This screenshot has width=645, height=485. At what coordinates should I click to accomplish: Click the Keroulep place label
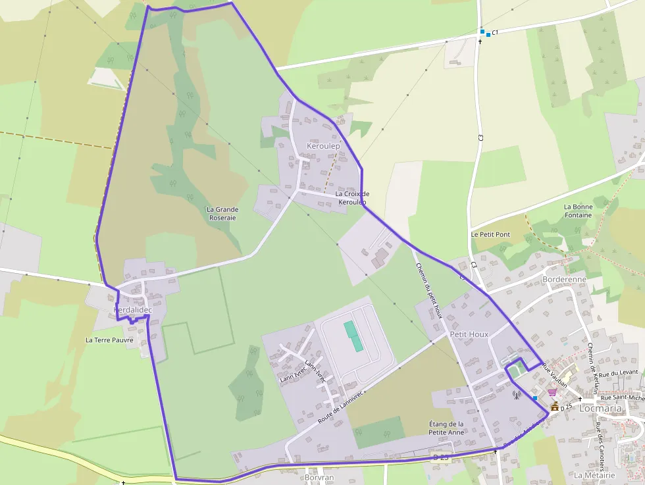point(323,145)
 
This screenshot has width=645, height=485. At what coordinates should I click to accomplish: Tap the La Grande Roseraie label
point(222,213)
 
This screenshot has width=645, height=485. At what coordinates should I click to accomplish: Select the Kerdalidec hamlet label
point(133,309)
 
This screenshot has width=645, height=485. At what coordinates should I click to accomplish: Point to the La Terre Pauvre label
point(109,340)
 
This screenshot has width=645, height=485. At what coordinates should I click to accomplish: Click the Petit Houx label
point(469,334)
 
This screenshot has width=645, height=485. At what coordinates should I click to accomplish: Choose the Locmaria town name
point(600,408)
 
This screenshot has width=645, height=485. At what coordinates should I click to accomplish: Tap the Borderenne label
point(565,279)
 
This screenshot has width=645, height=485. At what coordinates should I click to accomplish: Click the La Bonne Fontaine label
point(578,211)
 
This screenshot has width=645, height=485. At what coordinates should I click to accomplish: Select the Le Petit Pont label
point(490,234)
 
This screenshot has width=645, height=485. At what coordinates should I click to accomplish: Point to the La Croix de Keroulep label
point(352,197)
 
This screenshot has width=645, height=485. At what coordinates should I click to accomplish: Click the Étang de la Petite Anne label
point(446,428)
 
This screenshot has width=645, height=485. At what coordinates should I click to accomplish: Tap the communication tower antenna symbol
point(517,396)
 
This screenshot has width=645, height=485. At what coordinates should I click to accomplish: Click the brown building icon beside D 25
point(555,407)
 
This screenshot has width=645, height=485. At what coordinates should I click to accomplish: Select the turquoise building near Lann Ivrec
point(353,336)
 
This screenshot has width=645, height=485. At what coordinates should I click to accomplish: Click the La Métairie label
point(594,475)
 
